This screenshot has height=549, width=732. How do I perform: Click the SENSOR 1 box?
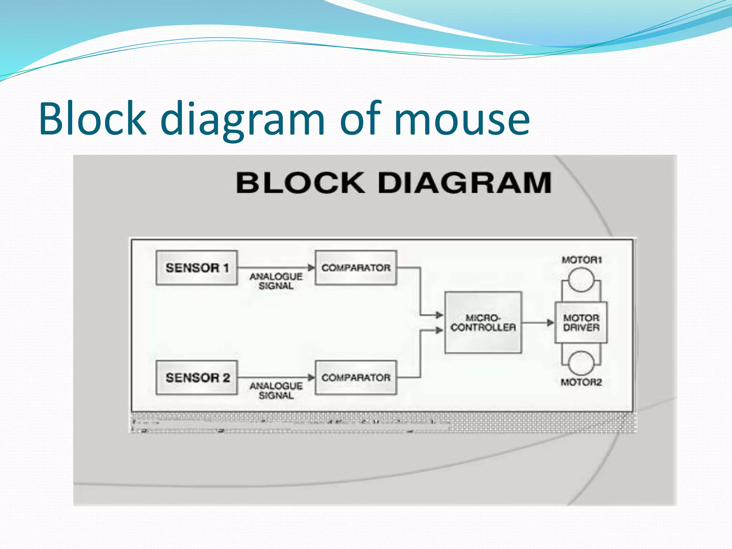click(x=197, y=268)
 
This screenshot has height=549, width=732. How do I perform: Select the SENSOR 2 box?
click(x=197, y=377)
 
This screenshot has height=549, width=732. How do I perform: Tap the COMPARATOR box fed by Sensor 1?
click(x=356, y=268)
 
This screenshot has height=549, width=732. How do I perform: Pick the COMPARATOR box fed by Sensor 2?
click(x=356, y=377)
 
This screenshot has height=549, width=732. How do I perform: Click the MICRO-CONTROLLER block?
click(x=483, y=322)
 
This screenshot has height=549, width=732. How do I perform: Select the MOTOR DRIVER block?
click(x=581, y=322)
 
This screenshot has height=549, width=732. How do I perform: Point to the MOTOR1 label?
click(x=582, y=260)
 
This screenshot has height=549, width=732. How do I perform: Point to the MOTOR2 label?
click(x=581, y=382)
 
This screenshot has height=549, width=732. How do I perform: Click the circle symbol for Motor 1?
click(x=581, y=280)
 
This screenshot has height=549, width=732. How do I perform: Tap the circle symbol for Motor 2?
click(x=581, y=363)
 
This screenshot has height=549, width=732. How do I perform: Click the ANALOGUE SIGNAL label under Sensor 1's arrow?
click(x=276, y=281)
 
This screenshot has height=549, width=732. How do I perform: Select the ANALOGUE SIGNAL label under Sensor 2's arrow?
click(x=276, y=391)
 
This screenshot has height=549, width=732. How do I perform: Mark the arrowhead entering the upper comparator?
click(x=311, y=268)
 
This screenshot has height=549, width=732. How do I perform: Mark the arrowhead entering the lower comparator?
click(x=311, y=377)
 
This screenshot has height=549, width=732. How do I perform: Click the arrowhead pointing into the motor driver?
click(x=550, y=323)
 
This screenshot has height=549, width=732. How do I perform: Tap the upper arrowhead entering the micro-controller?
click(x=439, y=315)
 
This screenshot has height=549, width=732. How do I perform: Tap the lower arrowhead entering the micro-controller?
click(x=439, y=330)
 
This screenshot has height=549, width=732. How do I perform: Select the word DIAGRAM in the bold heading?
click(x=465, y=183)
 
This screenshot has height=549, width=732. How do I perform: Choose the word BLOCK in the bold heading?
click(x=300, y=183)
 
